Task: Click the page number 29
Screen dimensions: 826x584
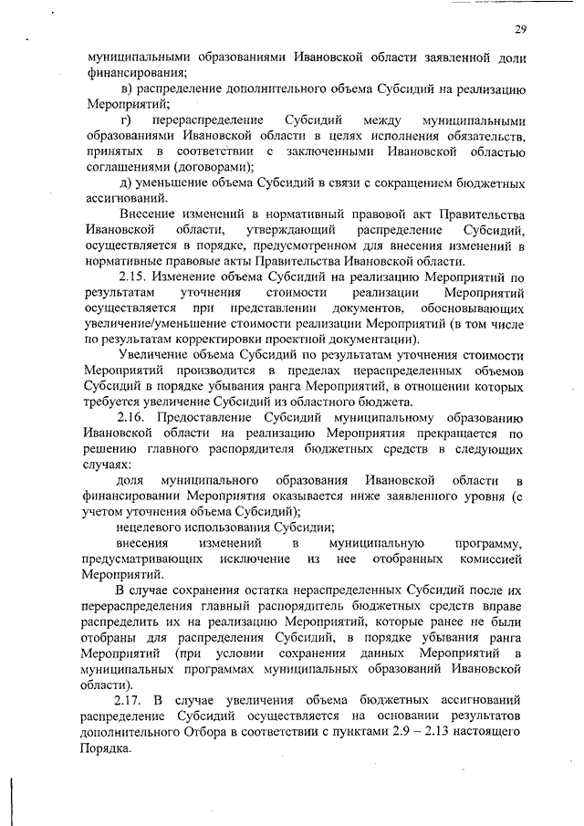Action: pyautogui.click(x=519, y=31)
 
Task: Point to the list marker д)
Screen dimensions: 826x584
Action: pyautogui.click(x=128, y=186)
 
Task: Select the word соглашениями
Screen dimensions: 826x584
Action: pyautogui.click(x=129, y=167)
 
